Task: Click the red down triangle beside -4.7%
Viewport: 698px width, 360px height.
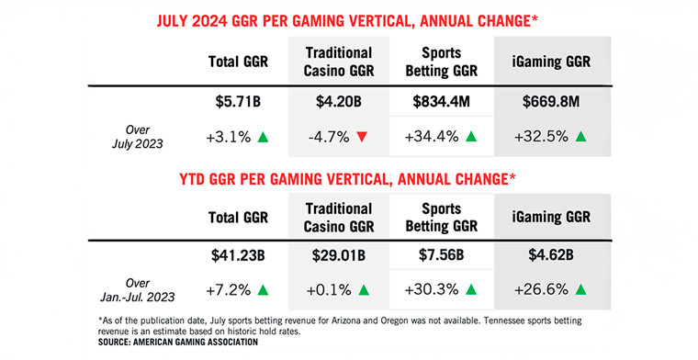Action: (x=364, y=138)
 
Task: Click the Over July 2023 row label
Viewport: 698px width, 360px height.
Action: (x=144, y=138)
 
